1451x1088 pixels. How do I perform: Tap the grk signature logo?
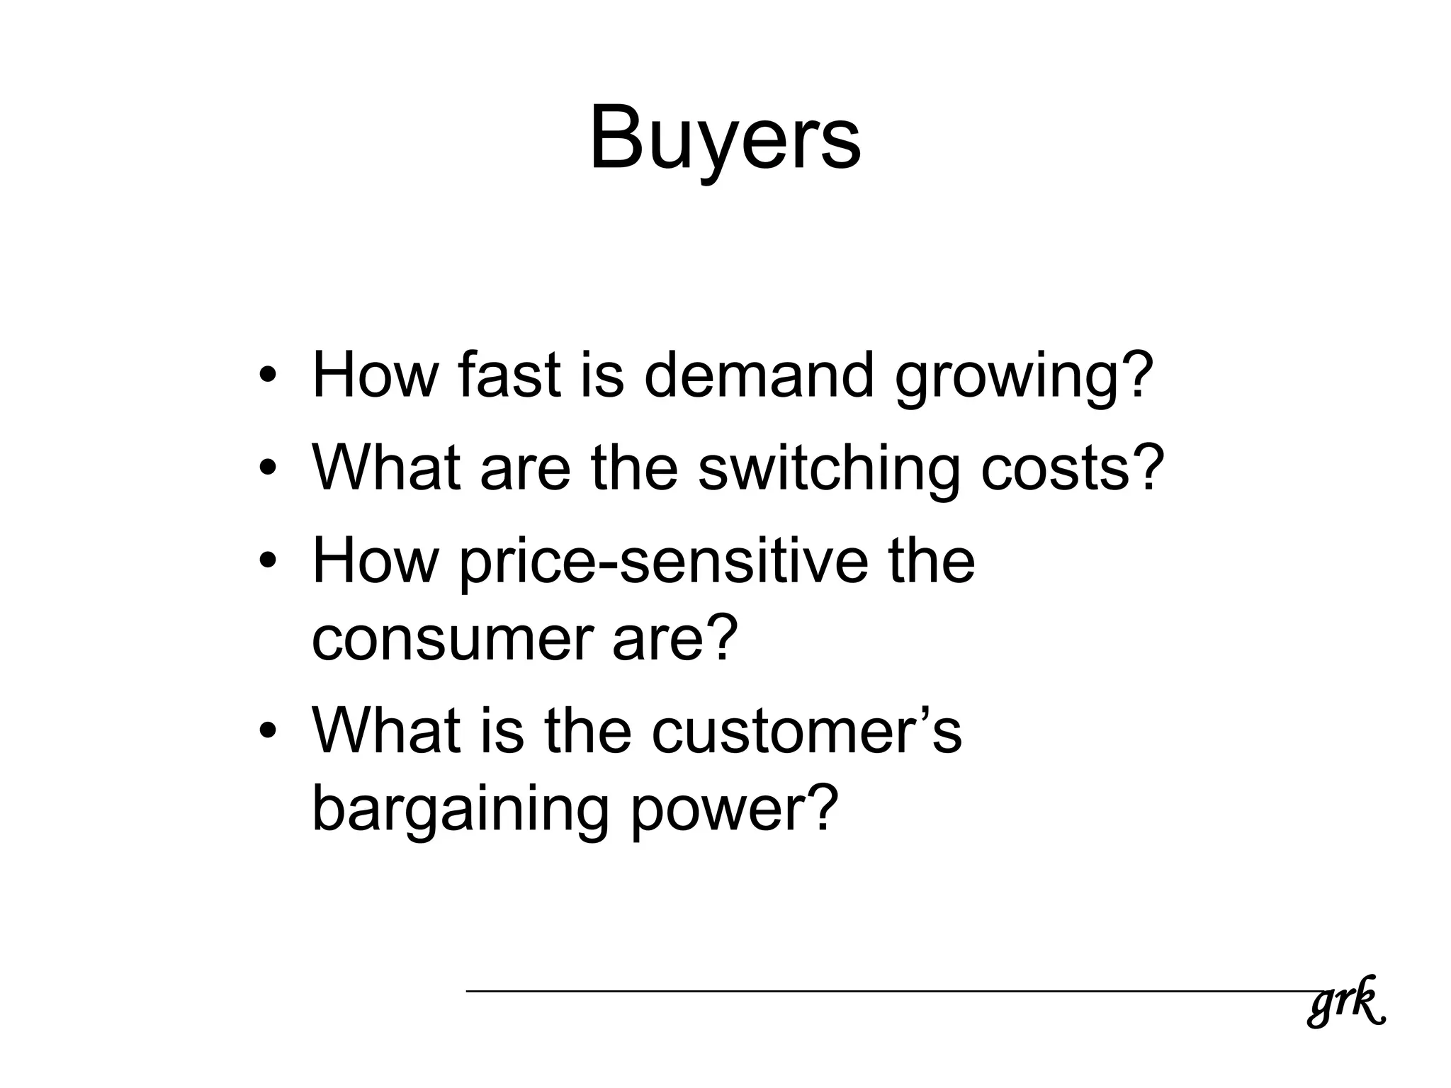(1345, 1001)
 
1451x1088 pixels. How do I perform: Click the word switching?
(828, 470)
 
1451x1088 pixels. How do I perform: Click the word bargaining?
(460, 811)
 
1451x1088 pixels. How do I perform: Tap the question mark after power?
(821, 807)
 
